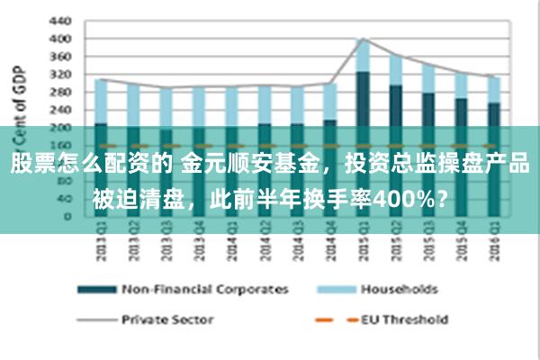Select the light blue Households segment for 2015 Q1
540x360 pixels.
[x=363, y=56]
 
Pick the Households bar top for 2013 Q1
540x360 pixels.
[x=101, y=80]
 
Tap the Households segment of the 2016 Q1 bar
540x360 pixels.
[x=493, y=89]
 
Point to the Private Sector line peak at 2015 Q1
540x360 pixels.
[x=363, y=39]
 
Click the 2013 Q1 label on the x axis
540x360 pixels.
[x=102, y=246]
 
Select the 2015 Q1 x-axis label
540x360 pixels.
[x=363, y=246]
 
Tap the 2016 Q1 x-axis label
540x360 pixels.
[x=493, y=246]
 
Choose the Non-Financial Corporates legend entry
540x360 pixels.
[x=205, y=290]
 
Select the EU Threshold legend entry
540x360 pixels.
[x=404, y=319]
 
